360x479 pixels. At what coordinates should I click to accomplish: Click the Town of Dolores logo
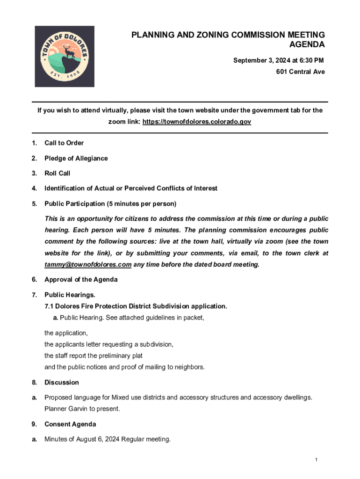point(65,56)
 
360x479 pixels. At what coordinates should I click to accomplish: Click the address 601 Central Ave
point(300,72)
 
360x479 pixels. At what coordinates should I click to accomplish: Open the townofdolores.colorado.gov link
point(197,122)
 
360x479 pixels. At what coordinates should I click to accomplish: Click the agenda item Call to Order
point(64,143)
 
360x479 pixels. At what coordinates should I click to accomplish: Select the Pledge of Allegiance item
point(76,158)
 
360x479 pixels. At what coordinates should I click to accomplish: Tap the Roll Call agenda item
point(57,174)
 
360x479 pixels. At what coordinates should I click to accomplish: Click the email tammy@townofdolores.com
point(88,265)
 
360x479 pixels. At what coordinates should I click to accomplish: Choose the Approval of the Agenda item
point(81,280)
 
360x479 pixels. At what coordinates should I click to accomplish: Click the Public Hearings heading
point(70,295)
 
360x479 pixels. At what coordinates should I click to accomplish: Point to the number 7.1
point(49,306)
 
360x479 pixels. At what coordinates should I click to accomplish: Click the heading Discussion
point(62,383)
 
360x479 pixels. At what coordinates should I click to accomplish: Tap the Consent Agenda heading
point(70,424)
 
